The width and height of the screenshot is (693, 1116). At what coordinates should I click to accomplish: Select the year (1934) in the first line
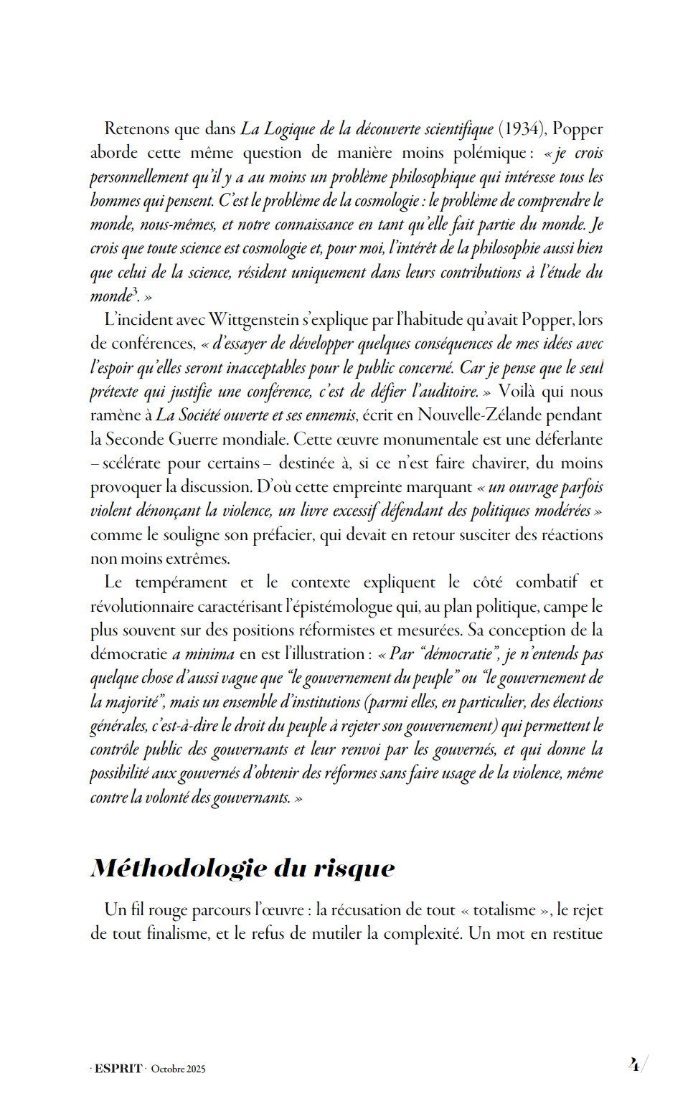click(522, 129)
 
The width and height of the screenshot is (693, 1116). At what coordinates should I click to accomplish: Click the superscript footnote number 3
click(135, 290)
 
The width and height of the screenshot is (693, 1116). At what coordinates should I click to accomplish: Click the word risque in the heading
click(354, 869)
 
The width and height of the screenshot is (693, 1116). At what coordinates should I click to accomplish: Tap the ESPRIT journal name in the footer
click(118, 1069)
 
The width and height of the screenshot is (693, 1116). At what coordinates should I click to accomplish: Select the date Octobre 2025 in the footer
click(178, 1069)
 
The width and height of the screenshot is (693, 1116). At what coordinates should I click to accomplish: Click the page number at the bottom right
click(634, 1065)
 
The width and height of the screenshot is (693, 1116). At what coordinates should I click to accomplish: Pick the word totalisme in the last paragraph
click(504, 910)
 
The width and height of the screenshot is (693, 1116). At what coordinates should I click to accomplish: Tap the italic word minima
click(209, 654)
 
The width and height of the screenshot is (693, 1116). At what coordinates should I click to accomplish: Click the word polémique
click(491, 153)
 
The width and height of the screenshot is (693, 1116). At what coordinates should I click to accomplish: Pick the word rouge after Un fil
click(169, 910)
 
